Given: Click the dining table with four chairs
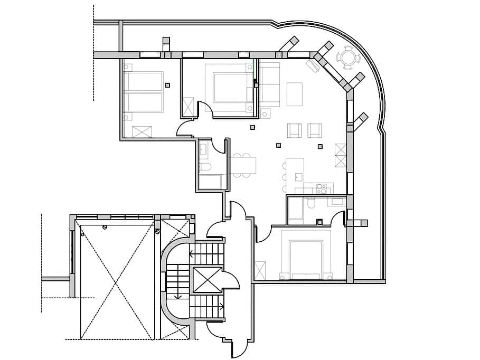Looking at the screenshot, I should (x=244, y=165).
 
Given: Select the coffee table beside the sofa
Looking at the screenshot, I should (x=295, y=94).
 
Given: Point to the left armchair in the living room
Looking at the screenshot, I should (x=294, y=130).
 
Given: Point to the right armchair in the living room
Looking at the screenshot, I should (x=315, y=130).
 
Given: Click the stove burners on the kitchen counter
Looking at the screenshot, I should (x=321, y=188).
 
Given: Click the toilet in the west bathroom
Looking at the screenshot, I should (x=205, y=168).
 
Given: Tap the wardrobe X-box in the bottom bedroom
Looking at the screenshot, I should (x=260, y=270).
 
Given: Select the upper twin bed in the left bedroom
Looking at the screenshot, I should (x=143, y=81).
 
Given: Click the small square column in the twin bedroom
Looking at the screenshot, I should (x=167, y=84).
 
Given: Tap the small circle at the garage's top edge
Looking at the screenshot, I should (x=105, y=227).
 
